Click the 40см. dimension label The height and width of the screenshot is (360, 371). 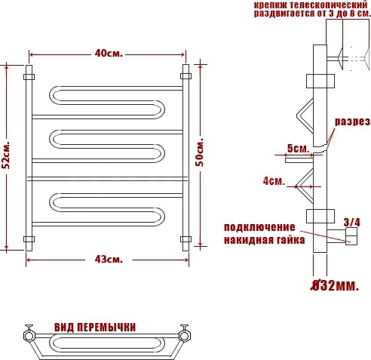pos(109,54)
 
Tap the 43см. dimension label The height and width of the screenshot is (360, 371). pos(109,260)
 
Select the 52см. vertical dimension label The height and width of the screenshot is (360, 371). pos(5,155)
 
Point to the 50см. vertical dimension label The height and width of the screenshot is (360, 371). pos(200,152)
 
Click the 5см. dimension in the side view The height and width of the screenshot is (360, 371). pos(299,149)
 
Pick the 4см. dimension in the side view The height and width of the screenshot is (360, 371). pos(274,181)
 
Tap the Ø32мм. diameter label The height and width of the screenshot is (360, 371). pos(335,285)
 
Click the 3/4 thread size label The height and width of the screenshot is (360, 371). pos(352,223)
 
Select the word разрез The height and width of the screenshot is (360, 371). pos(352,122)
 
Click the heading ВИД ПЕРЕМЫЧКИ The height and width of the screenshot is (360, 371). pos(95,328)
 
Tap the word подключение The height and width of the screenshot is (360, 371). pos(259,227)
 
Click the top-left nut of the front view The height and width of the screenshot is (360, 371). pos(29,77)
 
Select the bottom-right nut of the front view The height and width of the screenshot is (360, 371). pos(185,239)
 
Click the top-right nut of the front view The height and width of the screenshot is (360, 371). pos(185,76)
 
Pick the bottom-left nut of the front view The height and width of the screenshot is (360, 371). pos(29,239)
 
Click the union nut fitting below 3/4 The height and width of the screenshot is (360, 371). pos(351,236)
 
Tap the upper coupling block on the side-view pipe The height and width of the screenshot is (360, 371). pos(320,81)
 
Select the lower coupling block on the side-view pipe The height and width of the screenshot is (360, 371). pos(320,216)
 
